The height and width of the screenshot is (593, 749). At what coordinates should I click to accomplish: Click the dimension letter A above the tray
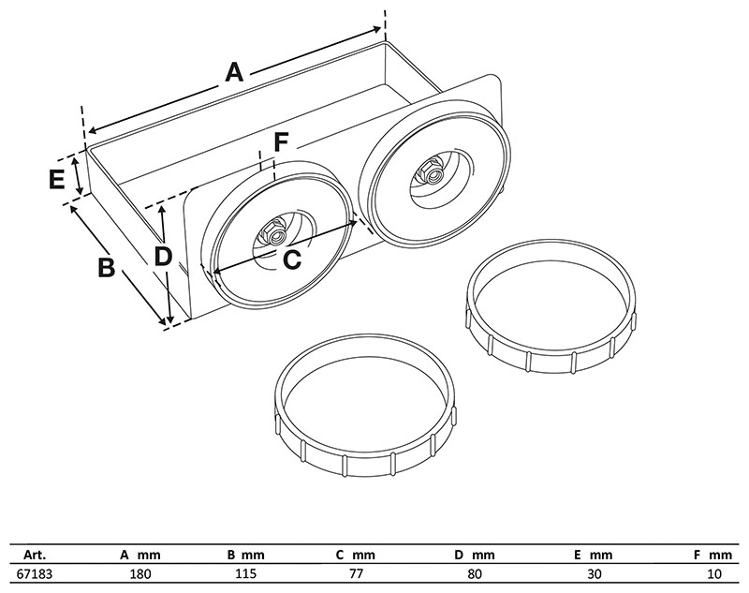(x=234, y=71)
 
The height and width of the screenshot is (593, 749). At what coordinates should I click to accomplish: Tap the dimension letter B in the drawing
(x=106, y=267)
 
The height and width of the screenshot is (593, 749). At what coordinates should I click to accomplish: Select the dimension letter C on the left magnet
(x=292, y=260)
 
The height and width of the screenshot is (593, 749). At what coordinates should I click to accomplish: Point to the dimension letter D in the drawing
(x=164, y=255)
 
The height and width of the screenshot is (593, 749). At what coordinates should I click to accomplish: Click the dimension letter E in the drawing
(x=57, y=178)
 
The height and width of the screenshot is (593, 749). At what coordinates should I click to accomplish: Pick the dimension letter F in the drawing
(x=281, y=142)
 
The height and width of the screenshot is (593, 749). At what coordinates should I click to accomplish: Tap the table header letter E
(x=579, y=553)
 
